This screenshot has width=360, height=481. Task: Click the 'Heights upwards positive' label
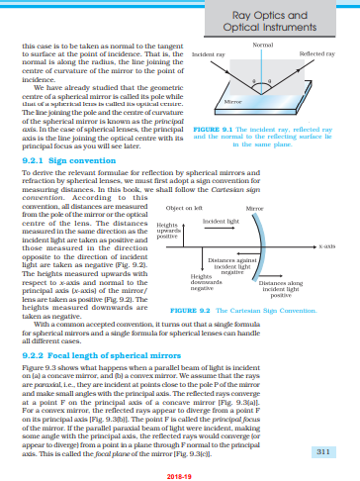pyautogui.click(x=168, y=232)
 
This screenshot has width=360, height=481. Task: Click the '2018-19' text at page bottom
pyautogui.click(x=180, y=474)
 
